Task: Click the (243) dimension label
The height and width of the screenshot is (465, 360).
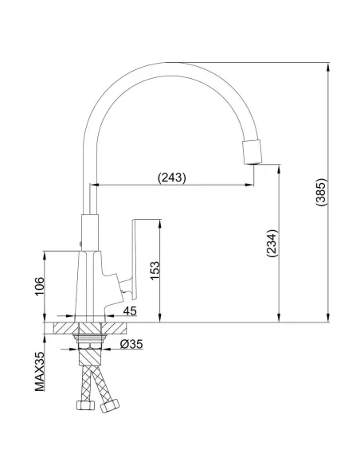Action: click(172, 178)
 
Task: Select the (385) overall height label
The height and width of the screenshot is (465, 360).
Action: click(321, 192)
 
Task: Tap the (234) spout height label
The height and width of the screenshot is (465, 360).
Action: click(272, 243)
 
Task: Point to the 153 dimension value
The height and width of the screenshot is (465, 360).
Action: click(155, 271)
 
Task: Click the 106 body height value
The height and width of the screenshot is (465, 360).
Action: click(40, 286)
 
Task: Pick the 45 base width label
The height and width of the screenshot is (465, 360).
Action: click(130, 311)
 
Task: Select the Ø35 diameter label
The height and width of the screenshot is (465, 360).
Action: click(131, 344)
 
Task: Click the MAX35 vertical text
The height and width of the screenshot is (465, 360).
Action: click(40, 371)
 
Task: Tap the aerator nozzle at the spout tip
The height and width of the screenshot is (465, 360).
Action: click(252, 151)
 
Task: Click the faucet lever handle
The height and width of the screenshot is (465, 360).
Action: click(133, 259)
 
